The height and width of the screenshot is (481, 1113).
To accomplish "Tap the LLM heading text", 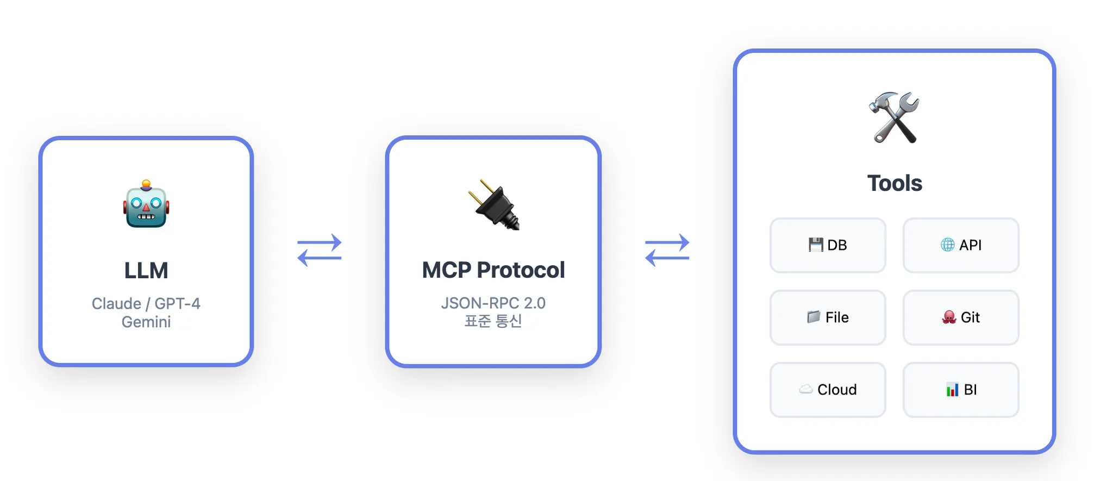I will point(146,270).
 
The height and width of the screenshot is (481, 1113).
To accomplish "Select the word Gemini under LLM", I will point(146,322).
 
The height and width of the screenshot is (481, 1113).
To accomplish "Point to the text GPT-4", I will point(177,303).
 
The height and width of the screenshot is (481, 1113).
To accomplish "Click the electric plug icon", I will point(494,205).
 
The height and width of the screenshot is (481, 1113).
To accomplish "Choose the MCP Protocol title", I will point(493,270).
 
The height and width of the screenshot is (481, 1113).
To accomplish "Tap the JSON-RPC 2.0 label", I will point(493,303).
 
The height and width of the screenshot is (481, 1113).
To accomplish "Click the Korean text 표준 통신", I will point(493,321).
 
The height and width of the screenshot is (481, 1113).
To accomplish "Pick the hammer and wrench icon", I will point(894,117).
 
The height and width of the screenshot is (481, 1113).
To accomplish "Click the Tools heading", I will point(895,183).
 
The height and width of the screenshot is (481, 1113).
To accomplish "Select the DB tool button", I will point(828,245).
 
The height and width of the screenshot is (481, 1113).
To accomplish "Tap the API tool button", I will point(961,245).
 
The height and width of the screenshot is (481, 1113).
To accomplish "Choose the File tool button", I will point(828,317).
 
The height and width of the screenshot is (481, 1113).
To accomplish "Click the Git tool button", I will point(961,317).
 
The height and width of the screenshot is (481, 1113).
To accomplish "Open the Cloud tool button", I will point(828,390).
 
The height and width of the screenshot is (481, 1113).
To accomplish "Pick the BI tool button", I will point(961,390).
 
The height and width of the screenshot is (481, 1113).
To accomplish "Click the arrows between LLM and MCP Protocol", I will point(320,250).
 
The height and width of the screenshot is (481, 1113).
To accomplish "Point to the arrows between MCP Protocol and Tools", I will point(667,250).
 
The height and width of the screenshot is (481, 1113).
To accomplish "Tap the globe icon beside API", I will point(947,245).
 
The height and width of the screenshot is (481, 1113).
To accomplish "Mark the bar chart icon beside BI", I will point(952,390).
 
